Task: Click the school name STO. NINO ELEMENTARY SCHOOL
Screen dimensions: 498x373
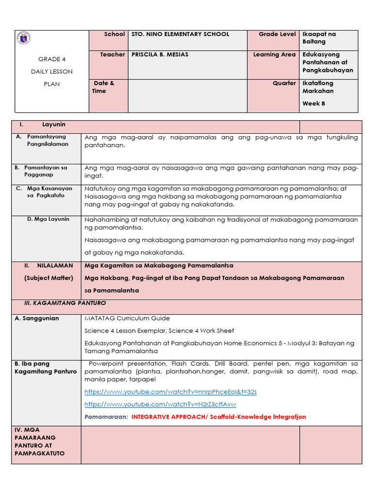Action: (180, 34)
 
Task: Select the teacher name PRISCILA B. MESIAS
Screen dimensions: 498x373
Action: (160, 54)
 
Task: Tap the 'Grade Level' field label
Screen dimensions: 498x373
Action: (277, 34)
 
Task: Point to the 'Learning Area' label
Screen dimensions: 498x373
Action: (274, 54)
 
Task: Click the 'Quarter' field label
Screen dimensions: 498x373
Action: (284, 83)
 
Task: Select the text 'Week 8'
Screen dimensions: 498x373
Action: (314, 103)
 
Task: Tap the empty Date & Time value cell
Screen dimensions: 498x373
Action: (187, 95)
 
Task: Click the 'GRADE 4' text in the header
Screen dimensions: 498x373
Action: (51, 59)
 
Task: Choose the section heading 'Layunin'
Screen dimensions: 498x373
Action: (54, 125)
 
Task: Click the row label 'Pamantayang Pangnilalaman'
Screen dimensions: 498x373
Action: (48, 141)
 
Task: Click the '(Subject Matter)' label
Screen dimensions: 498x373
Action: (49, 278)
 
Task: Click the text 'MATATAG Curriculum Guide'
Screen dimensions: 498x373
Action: (127, 318)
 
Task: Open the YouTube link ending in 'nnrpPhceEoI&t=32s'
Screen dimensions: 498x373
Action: (170, 391)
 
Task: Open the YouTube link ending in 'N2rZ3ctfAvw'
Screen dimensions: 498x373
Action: (160, 404)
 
